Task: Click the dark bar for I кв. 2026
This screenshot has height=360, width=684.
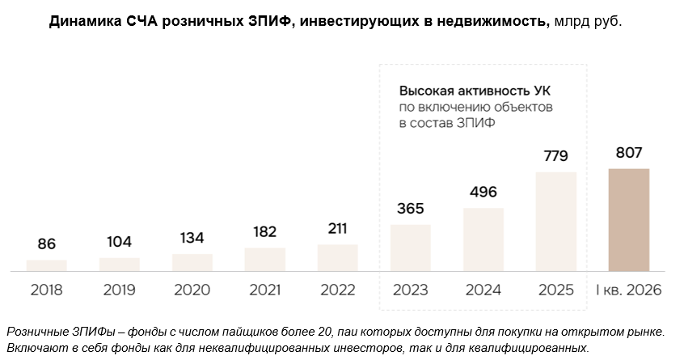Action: pos(628,220)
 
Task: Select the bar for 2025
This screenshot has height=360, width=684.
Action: pos(555,222)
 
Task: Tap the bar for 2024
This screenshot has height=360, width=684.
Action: pos(483,239)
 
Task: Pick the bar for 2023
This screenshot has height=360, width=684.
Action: pos(411,248)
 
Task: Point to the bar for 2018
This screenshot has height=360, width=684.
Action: pos(47,265)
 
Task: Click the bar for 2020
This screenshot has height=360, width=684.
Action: pos(192,263)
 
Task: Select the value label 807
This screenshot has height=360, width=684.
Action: pos(629,153)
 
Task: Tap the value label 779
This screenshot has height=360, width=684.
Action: pos(555,156)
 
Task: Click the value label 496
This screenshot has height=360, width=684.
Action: pos(483,192)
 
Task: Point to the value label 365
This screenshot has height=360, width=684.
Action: pos(411,208)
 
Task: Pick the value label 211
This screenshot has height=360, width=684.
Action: pos(338,228)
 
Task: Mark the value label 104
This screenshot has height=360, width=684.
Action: pos(119,241)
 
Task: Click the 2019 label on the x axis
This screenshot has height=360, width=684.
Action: pos(119,290)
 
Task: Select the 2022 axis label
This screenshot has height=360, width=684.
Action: pos(338,290)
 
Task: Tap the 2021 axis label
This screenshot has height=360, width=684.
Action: pos(265,290)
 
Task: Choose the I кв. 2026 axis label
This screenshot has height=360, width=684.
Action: pos(628,290)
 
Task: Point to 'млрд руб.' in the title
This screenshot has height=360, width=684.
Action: pos(588,21)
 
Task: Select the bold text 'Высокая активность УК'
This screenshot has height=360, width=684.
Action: pos(475,91)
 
